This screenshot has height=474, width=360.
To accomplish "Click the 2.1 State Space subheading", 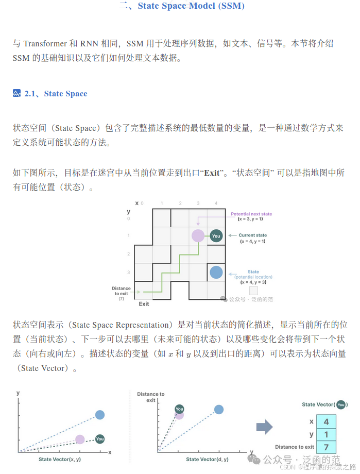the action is point(56,93).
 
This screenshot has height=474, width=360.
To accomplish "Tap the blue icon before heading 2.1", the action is point(16,93).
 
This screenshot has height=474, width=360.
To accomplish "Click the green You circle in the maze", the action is point(216,236).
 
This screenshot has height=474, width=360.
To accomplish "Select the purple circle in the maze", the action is point(198,236).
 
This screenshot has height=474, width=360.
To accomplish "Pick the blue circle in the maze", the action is point(216,272).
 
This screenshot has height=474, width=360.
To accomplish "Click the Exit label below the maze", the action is point(144,304).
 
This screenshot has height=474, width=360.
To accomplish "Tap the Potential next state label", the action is point(251,214).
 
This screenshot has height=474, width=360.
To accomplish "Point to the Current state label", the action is point(252,235).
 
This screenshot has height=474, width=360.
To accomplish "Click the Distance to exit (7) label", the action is point(121,293).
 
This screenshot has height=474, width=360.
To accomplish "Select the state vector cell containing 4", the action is point(326,421).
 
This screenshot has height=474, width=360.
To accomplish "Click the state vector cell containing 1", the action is point(326,434).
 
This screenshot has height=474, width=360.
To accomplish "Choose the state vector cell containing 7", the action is point(326,447).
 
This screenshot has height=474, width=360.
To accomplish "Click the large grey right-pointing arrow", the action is point(265,426).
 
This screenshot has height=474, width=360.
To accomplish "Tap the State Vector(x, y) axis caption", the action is point(60,459).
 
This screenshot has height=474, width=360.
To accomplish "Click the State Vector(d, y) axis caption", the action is point(207,459).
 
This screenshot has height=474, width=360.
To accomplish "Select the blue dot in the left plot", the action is point(100,415).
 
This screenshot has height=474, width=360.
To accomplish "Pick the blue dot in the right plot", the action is point(219,410).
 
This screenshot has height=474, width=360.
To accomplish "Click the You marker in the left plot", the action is point(100,439).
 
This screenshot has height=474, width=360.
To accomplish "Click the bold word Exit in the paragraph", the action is point(212,173).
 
